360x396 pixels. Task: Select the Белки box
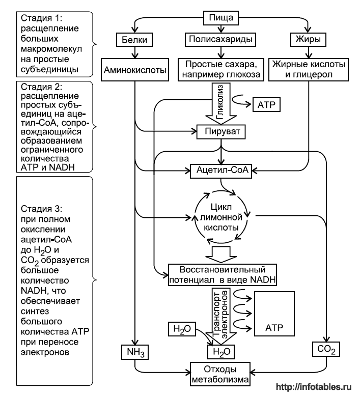click(x=134, y=39)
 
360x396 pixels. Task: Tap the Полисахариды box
click(x=220, y=39)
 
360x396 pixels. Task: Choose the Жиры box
click(x=308, y=39)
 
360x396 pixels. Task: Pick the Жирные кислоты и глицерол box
click(x=309, y=70)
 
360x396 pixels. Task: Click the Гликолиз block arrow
click(x=220, y=102)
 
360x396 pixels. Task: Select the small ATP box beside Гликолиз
click(x=266, y=105)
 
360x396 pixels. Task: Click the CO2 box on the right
click(x=326, y=350)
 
